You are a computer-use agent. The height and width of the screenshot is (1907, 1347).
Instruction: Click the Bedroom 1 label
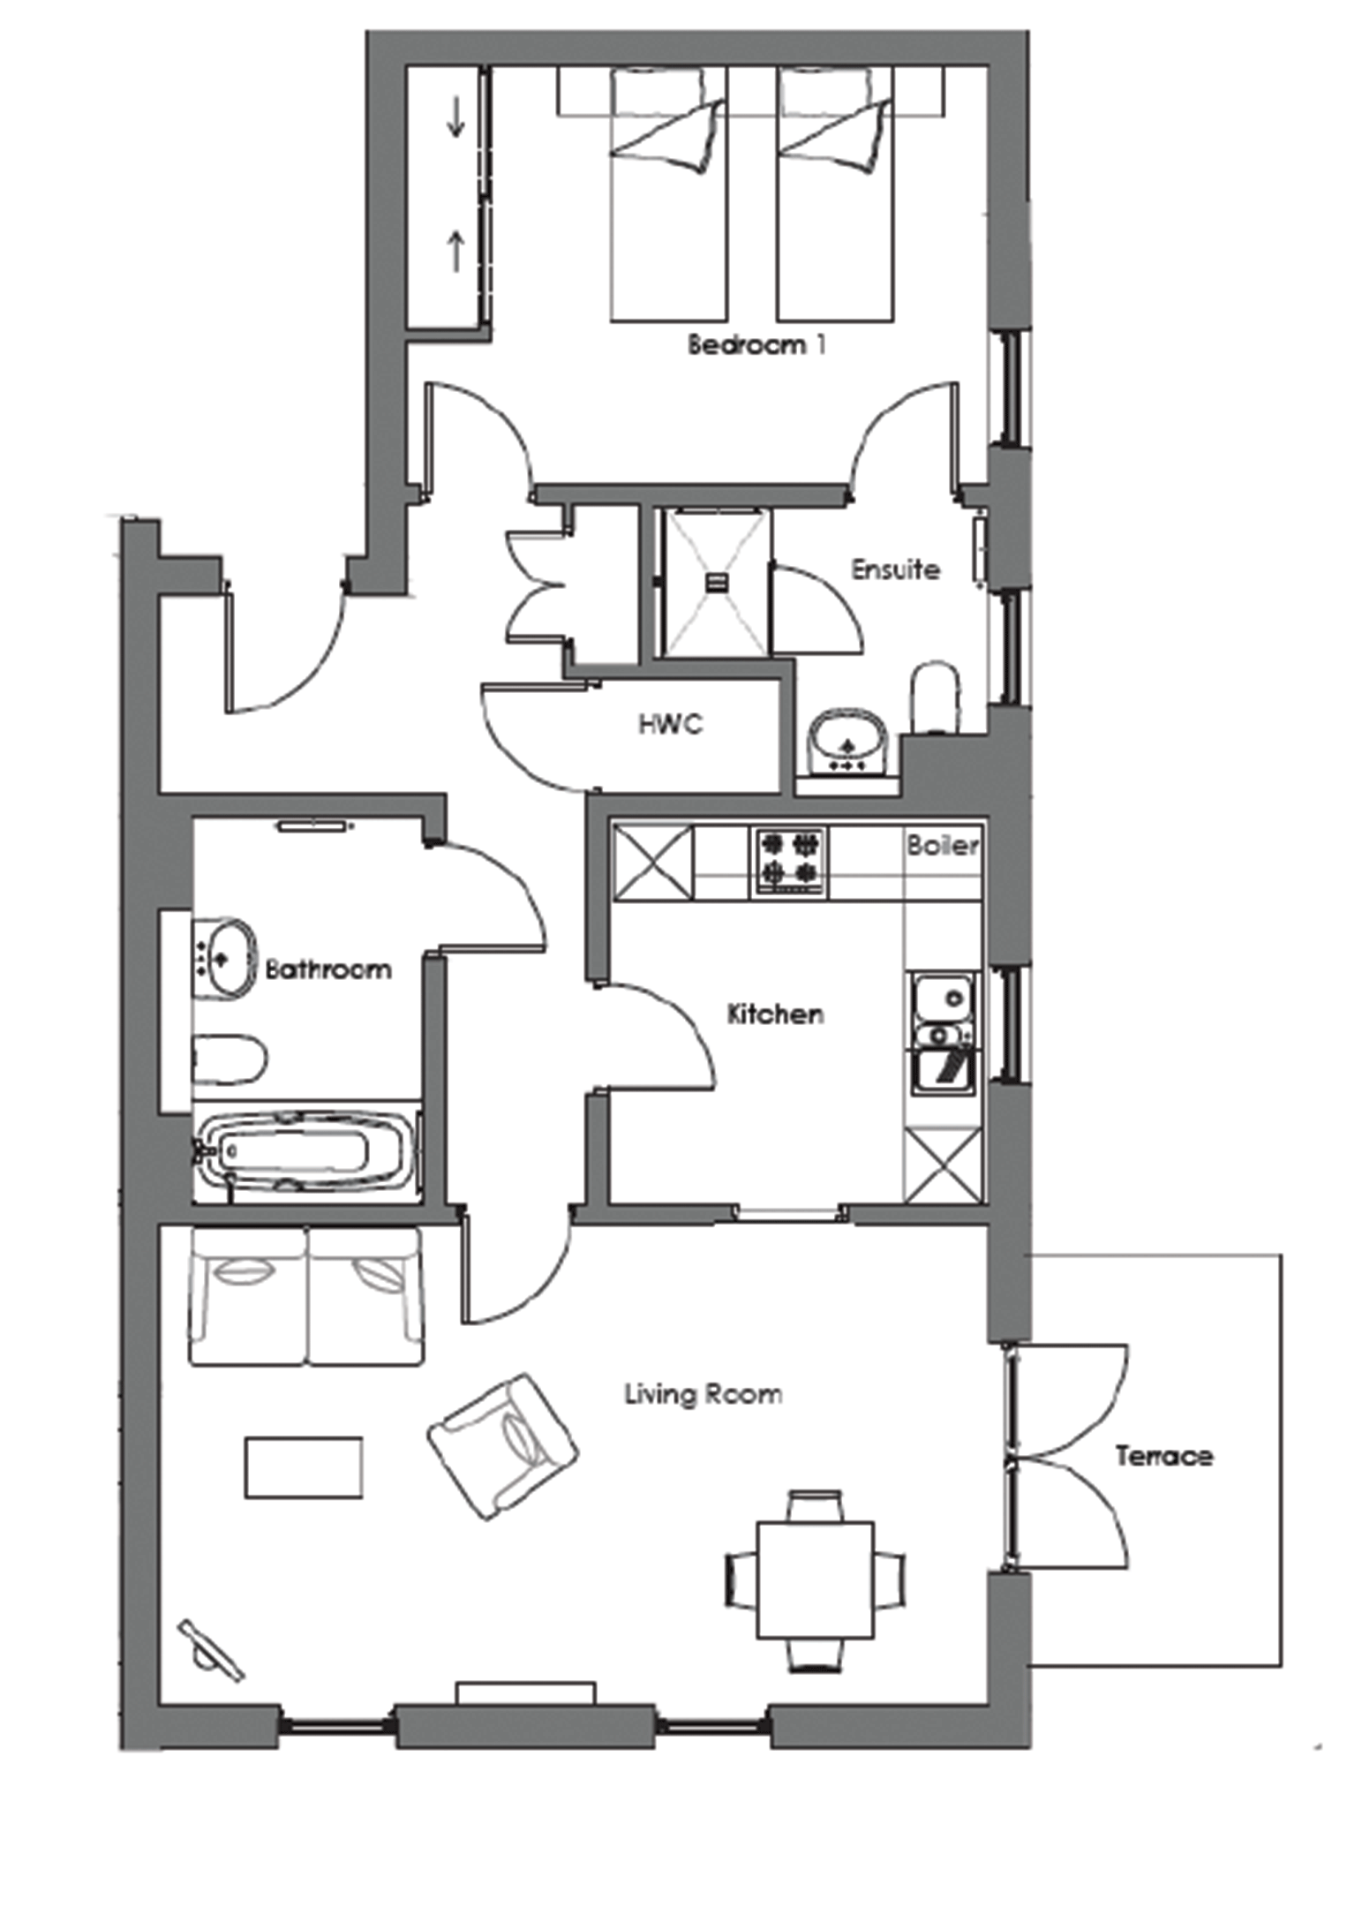756,343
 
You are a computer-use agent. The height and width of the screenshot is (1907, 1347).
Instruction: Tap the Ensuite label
895,569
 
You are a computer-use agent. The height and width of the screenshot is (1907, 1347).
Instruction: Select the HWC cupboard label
671,724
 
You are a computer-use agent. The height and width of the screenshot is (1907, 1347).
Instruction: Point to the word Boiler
943,845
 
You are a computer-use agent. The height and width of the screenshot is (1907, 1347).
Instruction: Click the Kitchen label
775,1014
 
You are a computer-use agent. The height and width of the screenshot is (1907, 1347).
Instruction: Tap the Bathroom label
328,969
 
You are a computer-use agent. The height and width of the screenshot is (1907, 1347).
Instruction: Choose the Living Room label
704,1394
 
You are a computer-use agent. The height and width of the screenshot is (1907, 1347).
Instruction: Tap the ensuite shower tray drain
717,582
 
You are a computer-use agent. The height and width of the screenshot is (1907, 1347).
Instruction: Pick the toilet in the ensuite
936,697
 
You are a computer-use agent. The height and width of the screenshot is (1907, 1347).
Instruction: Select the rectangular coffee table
304,1467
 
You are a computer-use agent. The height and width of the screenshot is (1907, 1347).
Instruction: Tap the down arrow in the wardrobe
455,117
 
